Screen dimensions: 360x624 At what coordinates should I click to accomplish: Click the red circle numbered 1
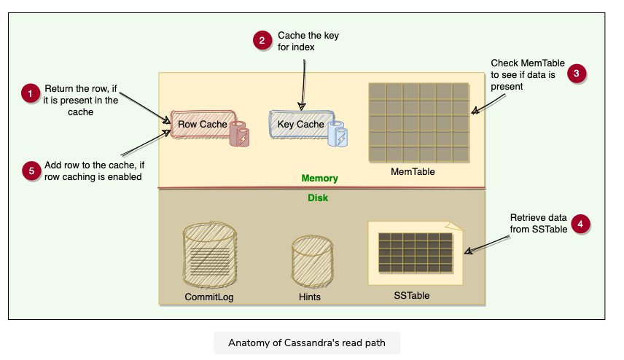(30, 94)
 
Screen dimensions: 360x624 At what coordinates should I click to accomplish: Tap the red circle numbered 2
(262, 41)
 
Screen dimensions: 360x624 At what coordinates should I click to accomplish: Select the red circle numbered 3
(577, 73)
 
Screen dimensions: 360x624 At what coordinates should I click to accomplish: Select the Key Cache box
(300, 125)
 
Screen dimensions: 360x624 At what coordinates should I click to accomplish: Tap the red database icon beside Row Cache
(239, 134)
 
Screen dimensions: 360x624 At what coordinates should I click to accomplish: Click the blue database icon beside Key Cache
(338, 134)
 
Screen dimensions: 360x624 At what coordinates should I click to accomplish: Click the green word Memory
(320, 178)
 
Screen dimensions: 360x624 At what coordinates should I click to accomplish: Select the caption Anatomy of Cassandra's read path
(307, 343)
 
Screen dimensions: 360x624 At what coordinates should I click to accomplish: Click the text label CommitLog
(209, 297)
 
